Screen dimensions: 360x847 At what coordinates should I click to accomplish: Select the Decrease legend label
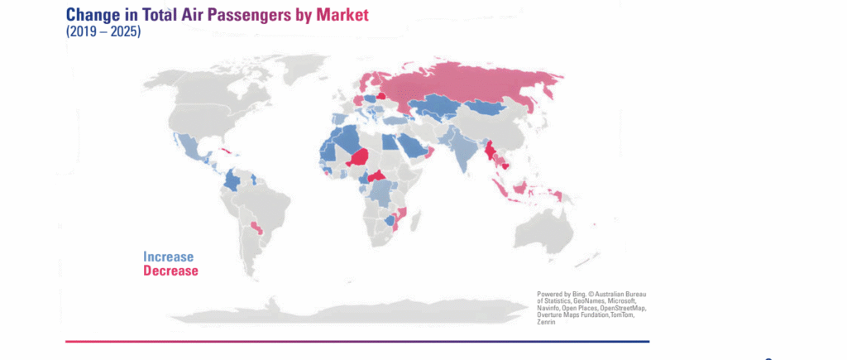coord(170,271)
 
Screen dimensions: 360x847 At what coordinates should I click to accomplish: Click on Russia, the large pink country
coord(463,83)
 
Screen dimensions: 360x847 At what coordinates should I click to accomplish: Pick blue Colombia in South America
coord(234,180)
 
